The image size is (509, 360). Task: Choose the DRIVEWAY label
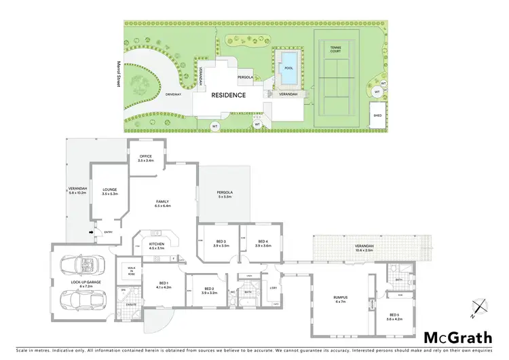click(x=173, y=94)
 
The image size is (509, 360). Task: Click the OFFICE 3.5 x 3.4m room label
click(x=145, y=159)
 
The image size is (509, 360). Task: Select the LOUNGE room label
click(x=110, y=192)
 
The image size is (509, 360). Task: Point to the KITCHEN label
click(x=156, y=247)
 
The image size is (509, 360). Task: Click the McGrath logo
click(x=457, y=338)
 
